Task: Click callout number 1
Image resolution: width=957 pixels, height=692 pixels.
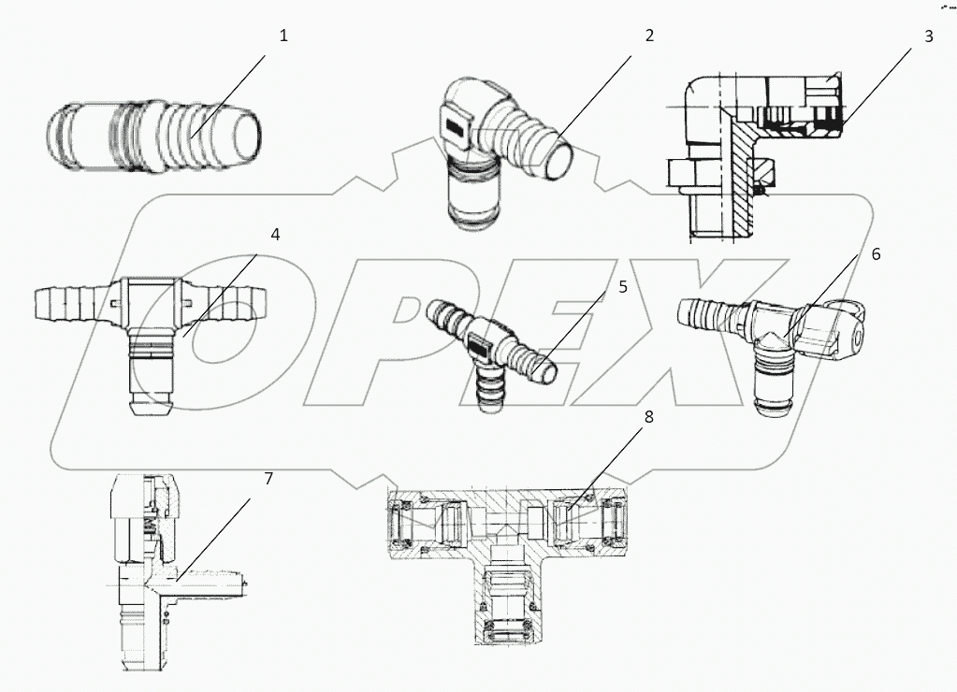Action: [284, 36]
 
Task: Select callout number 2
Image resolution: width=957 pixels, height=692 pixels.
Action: [648, 36]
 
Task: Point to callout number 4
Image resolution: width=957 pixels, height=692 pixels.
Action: [275, 234]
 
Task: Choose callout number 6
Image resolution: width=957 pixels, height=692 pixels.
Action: [875, 253]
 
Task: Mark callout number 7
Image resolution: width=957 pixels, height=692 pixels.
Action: [268, 479]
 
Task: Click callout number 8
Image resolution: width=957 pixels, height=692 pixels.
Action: [647, 417]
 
